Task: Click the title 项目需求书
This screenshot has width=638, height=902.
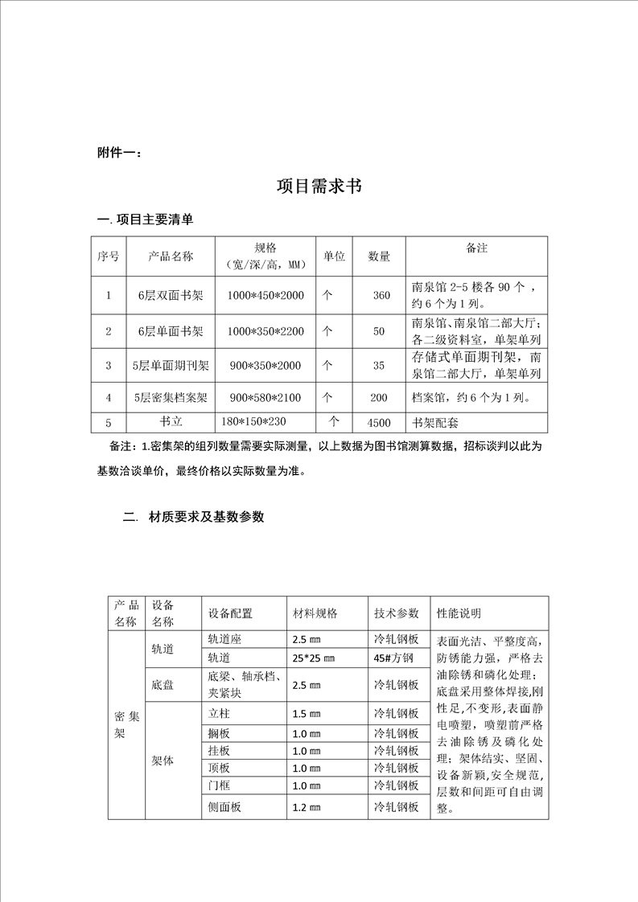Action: (319, 187)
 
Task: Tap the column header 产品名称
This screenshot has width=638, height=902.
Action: (171, 256)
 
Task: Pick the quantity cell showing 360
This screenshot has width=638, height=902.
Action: (381, 296)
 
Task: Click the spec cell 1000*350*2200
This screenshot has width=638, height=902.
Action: (265, 330)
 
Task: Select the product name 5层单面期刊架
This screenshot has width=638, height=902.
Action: (171, 366)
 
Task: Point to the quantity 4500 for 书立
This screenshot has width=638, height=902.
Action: (378, 421)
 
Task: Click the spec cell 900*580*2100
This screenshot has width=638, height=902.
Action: (265, 397)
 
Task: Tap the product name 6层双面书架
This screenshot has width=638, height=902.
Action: (171, 296)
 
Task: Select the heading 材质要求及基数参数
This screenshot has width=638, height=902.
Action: (206, 518)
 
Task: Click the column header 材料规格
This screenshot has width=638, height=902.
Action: (315, 613)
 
